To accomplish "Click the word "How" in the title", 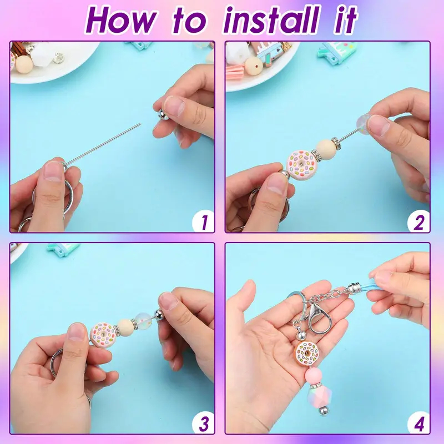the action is pyautogui.click(x=121, y=21).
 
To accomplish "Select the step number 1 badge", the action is pyautogui.click(x=203, y=221).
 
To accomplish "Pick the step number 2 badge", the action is pyautogui.click(x=418, y=221).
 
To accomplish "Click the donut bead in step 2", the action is pyautogui.click(x=300, y=163).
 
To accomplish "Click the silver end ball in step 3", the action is pyautogui.click(x=159, y=314).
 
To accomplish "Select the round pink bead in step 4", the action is pyautogui.click(x=314, y=376).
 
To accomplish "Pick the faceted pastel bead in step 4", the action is pyautogui.click(x=319, y=396).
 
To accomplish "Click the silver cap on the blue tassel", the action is pyautogui.click(x=354, y=288).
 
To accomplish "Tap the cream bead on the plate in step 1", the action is pyautogui.click(x=24, y=64).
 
